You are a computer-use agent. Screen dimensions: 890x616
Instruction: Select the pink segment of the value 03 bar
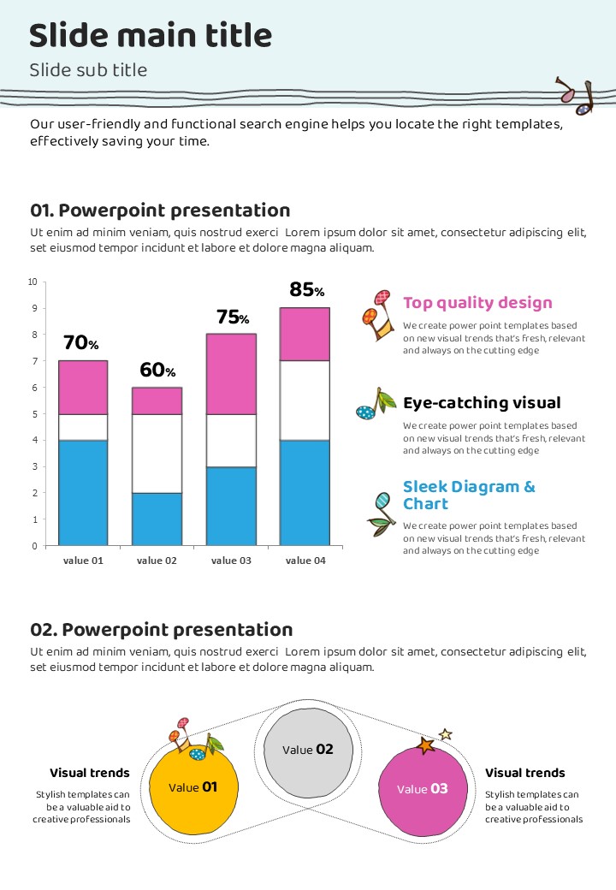click(x=231, y=373)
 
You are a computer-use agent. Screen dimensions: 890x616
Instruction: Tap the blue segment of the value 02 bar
click(x=157, y=519)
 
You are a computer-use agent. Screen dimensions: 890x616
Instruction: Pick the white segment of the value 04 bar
click(x=305, y=400)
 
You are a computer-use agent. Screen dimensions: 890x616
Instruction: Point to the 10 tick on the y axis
click(x=33, y=282)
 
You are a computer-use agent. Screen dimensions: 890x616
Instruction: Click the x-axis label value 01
click(x=83, y=561)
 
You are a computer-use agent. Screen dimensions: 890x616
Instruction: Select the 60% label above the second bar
click(x=157, y=371)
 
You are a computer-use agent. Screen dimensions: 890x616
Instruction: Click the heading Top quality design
click(x=477, y=303)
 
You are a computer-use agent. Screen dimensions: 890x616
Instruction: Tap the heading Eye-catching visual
click(x=482, y=403)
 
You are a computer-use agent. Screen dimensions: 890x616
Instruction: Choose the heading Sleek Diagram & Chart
click(x=469, y=495)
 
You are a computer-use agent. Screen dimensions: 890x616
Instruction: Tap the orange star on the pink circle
click(x=425, y=746)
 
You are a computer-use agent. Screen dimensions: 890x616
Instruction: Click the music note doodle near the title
click(x=576, y=97)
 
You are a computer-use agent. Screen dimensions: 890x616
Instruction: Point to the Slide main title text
click(x=151, y=36)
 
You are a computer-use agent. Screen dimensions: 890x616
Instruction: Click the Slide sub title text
click(x=88, y=70)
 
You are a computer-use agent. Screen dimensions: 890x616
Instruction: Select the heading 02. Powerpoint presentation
click(x=162, y=630)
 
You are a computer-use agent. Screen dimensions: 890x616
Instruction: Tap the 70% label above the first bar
click(x=81, y=343)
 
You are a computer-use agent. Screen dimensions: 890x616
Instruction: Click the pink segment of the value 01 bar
click(x=83, y=387)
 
